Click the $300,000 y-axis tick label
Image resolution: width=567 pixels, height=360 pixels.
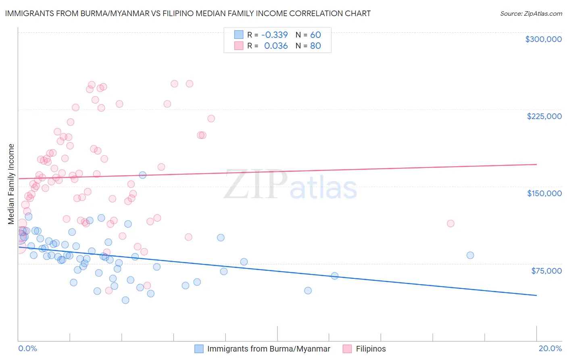click(543, 39)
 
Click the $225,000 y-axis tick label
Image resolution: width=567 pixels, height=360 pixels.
click(544, 116)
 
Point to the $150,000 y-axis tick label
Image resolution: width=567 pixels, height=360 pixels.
click(544, 193)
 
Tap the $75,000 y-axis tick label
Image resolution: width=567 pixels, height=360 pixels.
click(546, 271)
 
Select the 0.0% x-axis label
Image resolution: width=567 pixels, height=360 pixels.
click(27, 349)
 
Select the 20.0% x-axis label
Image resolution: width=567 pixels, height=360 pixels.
click(550, 349)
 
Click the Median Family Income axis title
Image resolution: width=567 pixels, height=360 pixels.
click(11, 184)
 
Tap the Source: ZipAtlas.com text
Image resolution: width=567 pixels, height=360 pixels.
click(531, 14)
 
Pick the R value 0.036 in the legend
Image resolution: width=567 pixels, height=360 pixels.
click(276, 46)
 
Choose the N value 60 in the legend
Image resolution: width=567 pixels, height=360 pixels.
click(315, 35)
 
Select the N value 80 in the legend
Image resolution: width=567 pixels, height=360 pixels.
click(315, 46)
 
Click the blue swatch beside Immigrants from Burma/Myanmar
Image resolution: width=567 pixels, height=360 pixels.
click(199, 349)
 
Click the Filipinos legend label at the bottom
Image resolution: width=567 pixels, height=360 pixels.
click(371, 349)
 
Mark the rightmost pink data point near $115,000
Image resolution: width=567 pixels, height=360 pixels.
click(450, 224)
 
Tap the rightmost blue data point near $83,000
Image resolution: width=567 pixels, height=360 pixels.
click(470, 255)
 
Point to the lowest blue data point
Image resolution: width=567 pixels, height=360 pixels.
click(125, 300)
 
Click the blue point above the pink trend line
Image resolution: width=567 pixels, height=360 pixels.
click(142, 175)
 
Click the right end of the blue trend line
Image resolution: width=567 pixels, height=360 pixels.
click(536, 295)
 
